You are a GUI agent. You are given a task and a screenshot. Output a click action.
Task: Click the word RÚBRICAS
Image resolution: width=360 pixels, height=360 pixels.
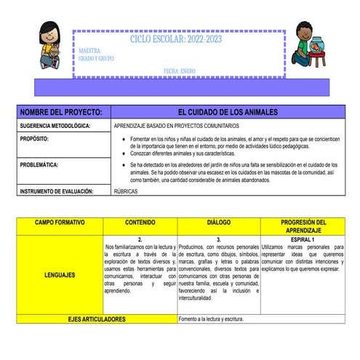coord(125,191)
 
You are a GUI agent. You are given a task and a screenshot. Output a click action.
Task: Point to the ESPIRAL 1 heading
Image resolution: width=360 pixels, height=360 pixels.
coord(302,239)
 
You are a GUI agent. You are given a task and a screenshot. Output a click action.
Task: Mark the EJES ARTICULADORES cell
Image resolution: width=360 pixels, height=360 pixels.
coord(96,319)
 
